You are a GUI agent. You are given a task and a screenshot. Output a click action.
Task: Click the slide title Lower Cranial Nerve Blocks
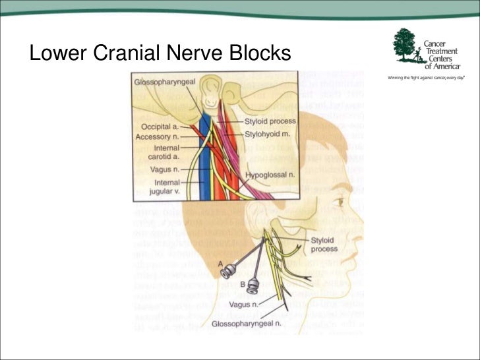tap(160, 53)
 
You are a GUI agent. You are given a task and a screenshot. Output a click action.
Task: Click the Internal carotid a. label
tap(160, 154)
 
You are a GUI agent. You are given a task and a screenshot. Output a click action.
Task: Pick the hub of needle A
tap(227, 270)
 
